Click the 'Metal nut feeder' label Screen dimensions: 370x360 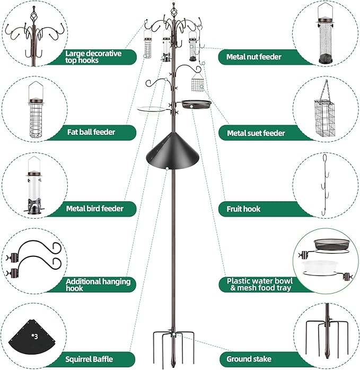[253, 57]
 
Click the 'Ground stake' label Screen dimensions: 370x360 [246, 359]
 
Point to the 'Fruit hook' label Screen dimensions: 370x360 [243, 209]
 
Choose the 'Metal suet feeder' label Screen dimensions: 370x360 [256, 133]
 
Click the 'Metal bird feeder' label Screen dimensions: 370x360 [94, 209]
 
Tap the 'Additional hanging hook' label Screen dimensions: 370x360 [98, 284]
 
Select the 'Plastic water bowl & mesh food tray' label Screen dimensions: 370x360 [259, 284]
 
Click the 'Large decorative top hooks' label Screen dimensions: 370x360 [93, 57]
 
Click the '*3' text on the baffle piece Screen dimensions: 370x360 [35, 336]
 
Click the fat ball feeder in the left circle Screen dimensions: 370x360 [36, 114]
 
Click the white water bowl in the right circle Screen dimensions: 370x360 [324, 265]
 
